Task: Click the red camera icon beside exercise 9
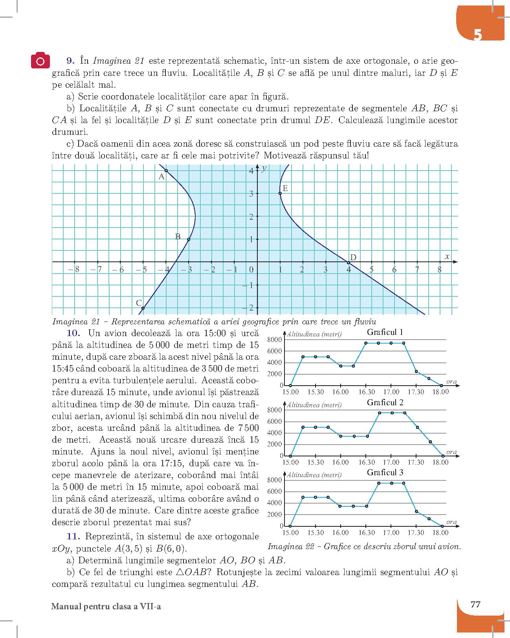point(40,61)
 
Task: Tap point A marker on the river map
point(166,171)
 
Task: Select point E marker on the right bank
point(280,193)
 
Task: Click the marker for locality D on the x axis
point(349,262)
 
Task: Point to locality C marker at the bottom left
point(143,308)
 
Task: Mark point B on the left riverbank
point(189,239)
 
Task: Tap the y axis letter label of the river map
point(264,168)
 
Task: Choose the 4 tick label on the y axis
point(251,171)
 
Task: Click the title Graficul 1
point(385,332)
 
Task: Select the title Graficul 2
point(385,403)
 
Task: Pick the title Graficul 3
point(385,473)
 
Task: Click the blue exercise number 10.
point(73,333)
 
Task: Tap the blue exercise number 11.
point(73,537)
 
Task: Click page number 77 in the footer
point(475,604)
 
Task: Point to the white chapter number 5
point(477,35)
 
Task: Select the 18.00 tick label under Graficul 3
point(440,533)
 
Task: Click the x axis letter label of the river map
point(447,256)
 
